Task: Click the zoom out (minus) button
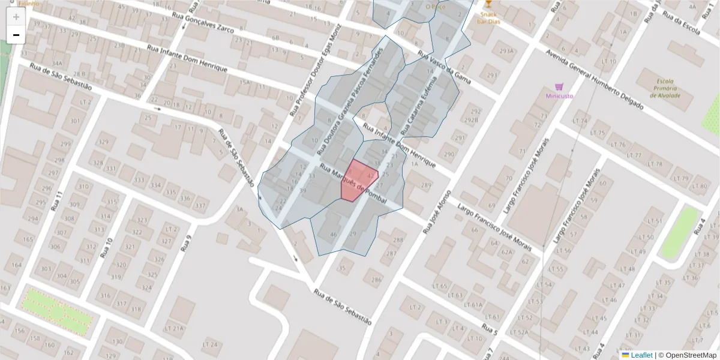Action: pyautogui.click(x=16, y=35)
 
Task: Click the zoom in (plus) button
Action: pyautogui.click(x=16, y=16)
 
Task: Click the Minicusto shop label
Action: pyautogui.click(x=559, y=96)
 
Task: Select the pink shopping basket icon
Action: pyautogui.click(x=559, y=86)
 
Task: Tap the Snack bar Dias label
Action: pyautogui.click(x=487, y=18)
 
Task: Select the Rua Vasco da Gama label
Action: pyautogui.click(x=444, y=67)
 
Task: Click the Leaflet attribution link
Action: pyautogui.click(x=641, y=355)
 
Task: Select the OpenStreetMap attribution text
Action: pyautogui.click(x=690, y=355)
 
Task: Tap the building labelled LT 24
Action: pyautogui.click(x=210, y=344)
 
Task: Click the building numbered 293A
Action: pyautogui.click(x=508, y=52)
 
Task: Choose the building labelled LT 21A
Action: pyautogui.click(x=174, y=328)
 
